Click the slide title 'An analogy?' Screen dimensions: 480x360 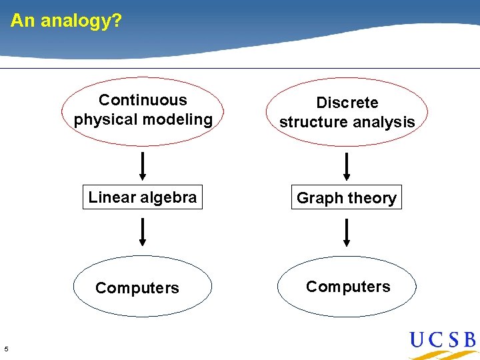point(66,21)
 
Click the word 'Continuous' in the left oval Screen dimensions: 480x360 point(143,101)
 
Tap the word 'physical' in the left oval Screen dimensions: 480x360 point(103,120)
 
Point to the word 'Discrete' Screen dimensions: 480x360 point(347,103)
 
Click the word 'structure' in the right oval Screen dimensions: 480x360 point(311,123)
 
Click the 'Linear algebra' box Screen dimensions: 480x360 point(142,197)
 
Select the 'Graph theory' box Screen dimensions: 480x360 point(346,198)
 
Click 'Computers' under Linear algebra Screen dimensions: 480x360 point(137,288)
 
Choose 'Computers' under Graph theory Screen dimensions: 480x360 point(348,287)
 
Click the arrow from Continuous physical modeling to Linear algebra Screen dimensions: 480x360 point(142,166)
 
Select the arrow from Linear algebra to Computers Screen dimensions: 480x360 point(142,233)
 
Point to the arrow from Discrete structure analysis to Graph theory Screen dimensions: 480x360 point(346,167)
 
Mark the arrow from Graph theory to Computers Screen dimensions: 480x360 point(346,233)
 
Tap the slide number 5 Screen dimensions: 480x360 point(6,349)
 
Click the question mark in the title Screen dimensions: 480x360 point(117,21)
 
